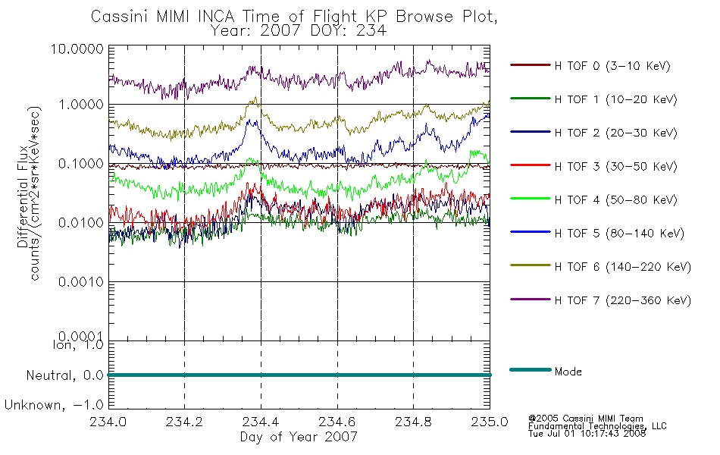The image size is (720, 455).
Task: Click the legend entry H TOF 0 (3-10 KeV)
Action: [x=612, y=66]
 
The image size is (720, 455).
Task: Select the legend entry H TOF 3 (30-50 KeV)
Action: [x=615, y=166]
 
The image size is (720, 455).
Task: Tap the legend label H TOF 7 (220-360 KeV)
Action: [x=623, y=300]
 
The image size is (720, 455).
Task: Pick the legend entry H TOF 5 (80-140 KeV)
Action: [x=619, y=234]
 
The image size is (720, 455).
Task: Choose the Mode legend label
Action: [x=568, y=372]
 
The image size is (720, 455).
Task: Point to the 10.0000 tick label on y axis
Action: [x=77, y=49]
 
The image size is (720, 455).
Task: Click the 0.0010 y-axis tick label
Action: [x=81, y=282]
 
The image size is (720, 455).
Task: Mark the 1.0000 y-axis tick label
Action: [x=81, y=105]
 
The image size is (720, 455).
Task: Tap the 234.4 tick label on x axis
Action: [x=261, y=422]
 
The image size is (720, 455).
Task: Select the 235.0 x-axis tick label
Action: [x=490, y=422]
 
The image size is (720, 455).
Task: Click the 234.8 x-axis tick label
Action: [x=413, y=422]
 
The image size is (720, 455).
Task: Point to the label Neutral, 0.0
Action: [x=64, y=375]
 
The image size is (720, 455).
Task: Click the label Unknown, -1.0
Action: [x=54, y=406]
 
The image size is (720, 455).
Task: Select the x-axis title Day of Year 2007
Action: [x=299, y=437]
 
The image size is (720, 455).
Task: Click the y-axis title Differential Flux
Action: [x=23, y=196]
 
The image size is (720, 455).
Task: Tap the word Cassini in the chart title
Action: [x=119, y=17]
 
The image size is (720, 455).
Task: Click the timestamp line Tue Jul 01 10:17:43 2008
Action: [x=587, y=434]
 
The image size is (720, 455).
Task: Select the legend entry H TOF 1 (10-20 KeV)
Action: [x=615, y=99]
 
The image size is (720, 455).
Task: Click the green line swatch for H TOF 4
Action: [x=531, y=199]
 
